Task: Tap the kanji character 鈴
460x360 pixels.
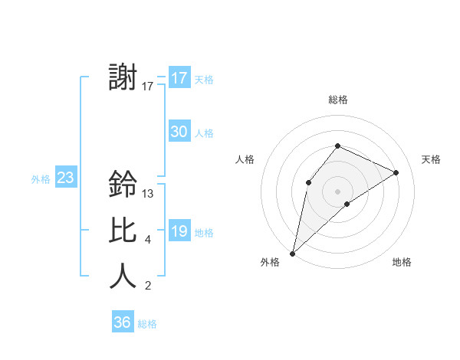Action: click(x=123, y=184)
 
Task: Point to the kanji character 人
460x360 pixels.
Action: click(x=123, y=276)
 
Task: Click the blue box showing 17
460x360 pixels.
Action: click(x=179, y=78)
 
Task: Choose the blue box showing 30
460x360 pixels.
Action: click(x=179, y=132)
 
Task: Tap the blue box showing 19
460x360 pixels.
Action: click(x=179, y=231)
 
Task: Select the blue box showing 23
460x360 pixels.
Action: click(x=65, y=178)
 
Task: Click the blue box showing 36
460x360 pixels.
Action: click(x=123, y=322)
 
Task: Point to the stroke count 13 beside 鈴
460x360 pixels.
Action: click(x=148, y=194)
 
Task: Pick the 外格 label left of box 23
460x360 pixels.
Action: click(x=41, y=179)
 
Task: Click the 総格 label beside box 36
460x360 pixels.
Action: click(x=147, y=324)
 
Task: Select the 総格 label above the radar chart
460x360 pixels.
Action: click(x=337, y=100)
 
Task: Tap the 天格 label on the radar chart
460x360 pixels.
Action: click(x=432, y=159)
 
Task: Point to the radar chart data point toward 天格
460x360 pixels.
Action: click(x=396, y=172)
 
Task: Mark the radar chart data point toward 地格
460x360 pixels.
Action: click(x=347, y=204)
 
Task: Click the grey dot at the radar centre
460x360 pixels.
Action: click(x=337, y=191)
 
